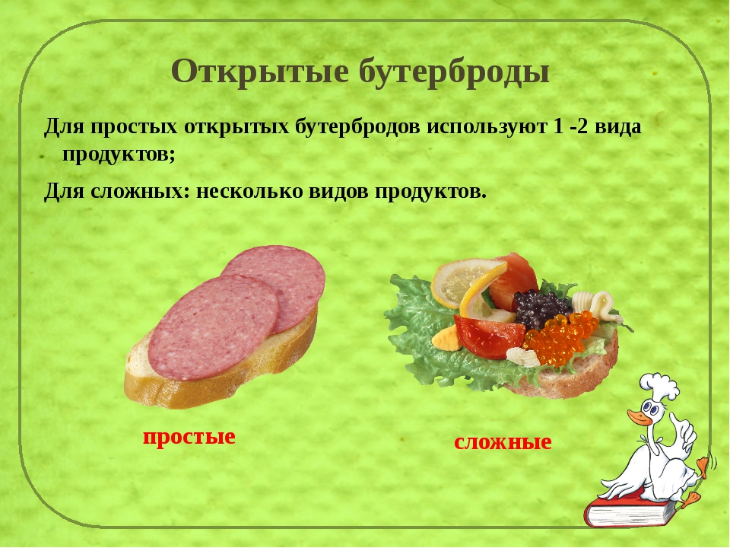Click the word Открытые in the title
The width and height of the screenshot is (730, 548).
click(x=260, y=72)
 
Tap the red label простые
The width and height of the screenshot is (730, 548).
click(x=189, y=437)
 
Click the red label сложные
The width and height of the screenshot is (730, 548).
click(x=503, y=441)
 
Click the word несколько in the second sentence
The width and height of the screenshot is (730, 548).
click(x=249, y=191)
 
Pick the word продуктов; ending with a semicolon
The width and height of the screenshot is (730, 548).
click(x=119, y=155)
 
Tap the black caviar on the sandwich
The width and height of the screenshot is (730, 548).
click(x=541, y=308)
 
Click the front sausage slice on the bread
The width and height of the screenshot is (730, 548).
click(x=213, y=327)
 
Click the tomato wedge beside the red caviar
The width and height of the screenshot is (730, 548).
click(x=489, y=336)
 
